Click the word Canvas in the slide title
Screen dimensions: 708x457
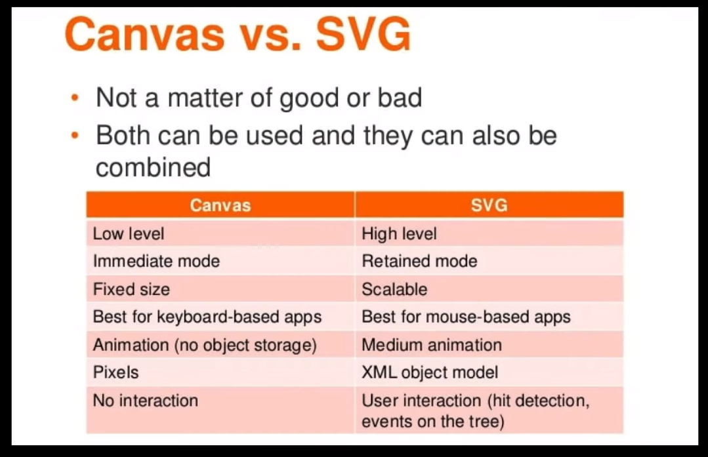pyautogui.click(x=144, y=35)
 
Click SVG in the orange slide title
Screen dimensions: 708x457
pyautogui.click(x=364, y=35)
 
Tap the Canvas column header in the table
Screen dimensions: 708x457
pyautogui.click(x=220, y=205)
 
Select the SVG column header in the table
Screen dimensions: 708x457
pyautogui.click(x=489, y=205)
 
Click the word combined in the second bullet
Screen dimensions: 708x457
pyautogui.click(x=154, y=167)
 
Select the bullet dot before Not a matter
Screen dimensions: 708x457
pyautogui.click(x=75, y=98)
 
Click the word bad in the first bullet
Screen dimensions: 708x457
pyautogui.click(x=400, y=98)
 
